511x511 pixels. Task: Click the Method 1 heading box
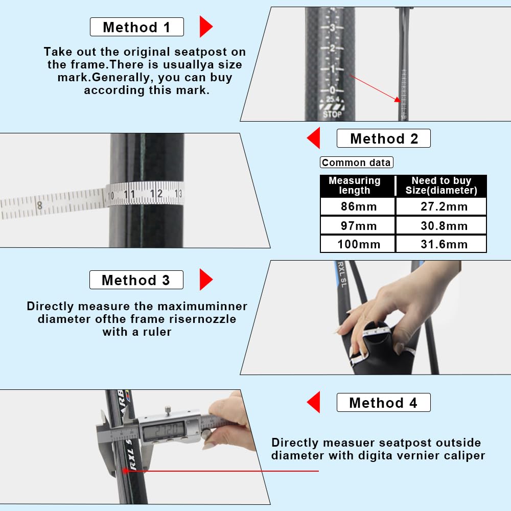click(x=137, y=27)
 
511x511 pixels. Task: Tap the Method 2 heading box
click(x=384, y=138)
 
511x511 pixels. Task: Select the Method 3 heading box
click(x=136, y=280)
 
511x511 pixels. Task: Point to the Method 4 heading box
click(x=384, y=403)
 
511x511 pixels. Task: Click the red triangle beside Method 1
click(x=205, y=27)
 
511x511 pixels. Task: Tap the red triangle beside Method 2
click(x=314, y=138)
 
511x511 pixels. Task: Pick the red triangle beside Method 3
click(x=205, y=280)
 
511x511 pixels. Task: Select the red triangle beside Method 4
click(x=314, y=402)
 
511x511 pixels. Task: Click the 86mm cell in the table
click(x=358, y=206)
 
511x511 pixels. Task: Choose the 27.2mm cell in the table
click(x=442, y=206)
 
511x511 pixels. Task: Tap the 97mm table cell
click(x=358, y=225)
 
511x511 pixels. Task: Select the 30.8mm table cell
click(x=442, y=225)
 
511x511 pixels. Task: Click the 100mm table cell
click(x=358, y=244)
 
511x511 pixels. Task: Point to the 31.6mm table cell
click(x=442, y=244)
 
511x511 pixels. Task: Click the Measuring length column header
click(x=358, y=185)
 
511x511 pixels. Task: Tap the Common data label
click(x=357, y=162)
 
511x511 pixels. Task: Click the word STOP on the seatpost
click(x=333, y=114)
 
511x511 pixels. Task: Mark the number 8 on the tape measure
click(x=39, y=205)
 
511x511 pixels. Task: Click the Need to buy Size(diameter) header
click(x=442, y=185)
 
